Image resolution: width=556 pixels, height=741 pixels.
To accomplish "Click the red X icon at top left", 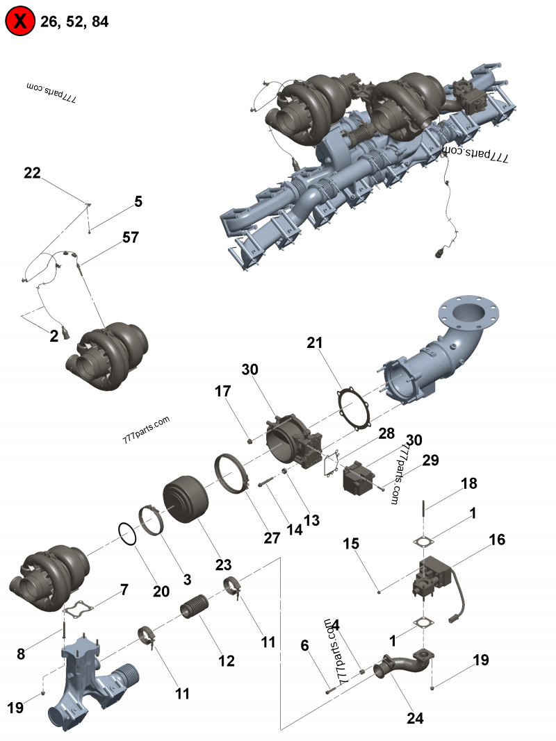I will click(20, 22).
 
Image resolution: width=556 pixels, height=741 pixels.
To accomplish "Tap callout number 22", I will click(33, 174).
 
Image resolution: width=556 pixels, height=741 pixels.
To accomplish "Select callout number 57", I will click(130, 238).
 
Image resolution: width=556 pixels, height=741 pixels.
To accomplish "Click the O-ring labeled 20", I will click(127, 535).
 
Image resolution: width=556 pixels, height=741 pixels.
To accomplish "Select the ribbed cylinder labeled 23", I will click(186, 499).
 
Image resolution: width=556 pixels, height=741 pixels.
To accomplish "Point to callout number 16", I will click(497, 540).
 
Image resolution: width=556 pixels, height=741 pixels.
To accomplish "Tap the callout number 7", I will click(124, 590).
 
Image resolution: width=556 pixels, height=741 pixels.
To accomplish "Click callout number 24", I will click(415, 719).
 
